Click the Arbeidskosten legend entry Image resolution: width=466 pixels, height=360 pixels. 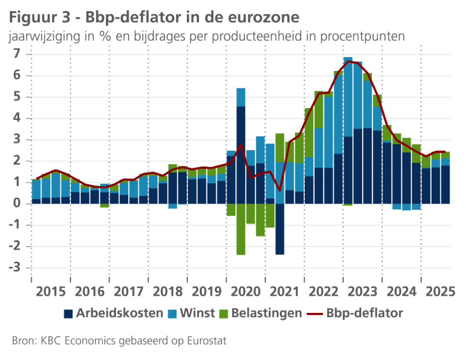[119, 313]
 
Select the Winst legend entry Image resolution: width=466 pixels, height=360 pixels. [197, 313]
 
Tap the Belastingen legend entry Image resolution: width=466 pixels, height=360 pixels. [266, 313]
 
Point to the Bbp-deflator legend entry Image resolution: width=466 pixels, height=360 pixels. [365, 313]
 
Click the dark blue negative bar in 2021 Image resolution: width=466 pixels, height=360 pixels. [280, 229]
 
